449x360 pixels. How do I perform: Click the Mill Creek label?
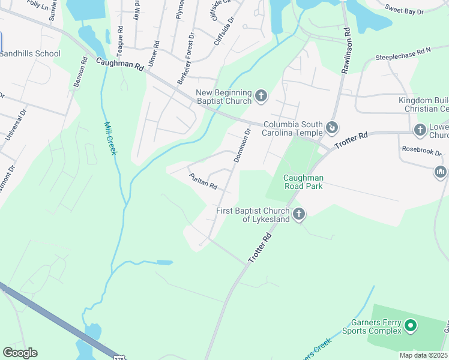[109, 139]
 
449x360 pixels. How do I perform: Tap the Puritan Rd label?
[202, 181]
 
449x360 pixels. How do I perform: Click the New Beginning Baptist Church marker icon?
[261, 94]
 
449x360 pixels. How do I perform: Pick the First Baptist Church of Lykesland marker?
[298, 214]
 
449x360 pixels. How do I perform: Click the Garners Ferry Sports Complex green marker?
[411, 326]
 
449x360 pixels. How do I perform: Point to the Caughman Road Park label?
[303, 182]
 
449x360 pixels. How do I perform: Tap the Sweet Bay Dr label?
[404, 10]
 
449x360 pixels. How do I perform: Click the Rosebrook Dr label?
[421, 151]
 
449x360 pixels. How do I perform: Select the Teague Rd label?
[121, 37]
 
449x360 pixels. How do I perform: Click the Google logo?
[20, 353]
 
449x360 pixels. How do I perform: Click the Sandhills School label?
[30, 53]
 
